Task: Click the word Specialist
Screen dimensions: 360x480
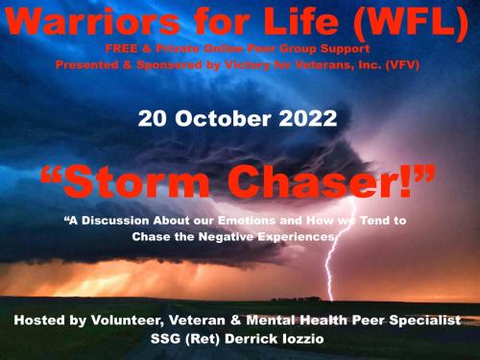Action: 419,319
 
